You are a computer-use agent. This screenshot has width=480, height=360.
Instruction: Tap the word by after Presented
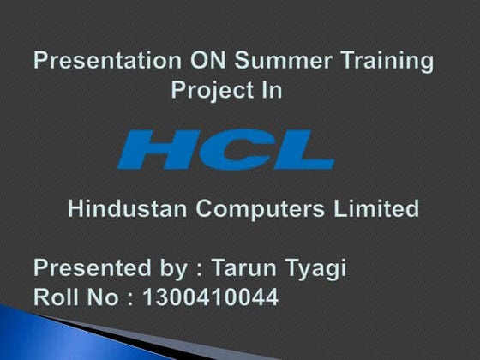point(174,270)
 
